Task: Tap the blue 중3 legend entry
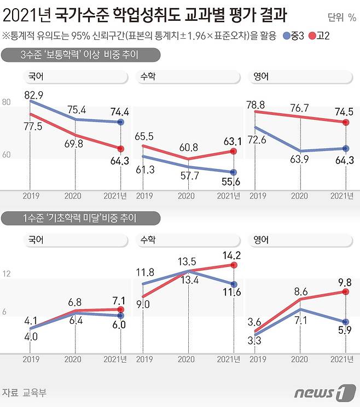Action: [x=294, y=37]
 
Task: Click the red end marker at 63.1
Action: [x=234, y=151]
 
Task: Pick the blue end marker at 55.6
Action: [x=234, y=172]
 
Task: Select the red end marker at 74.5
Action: [x=345, y=123]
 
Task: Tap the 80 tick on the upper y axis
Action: [x=7, y=102]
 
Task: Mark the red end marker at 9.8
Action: [x=345, y=292]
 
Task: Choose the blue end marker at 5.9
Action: [x=345, y=322]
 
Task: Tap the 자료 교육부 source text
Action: [x=24, y=392]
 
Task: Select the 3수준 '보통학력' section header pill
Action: [x=81, y=55]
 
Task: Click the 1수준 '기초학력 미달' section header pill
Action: [x=81, y=218]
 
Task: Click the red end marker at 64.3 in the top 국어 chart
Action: [x=121, y=149]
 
